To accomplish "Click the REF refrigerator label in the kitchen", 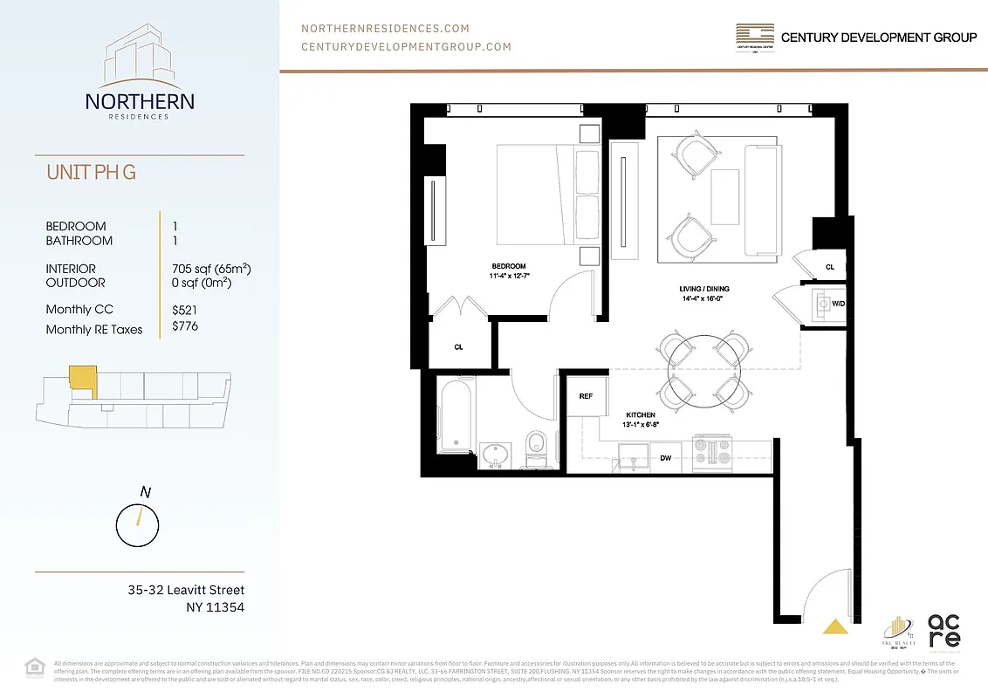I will pos(586,396).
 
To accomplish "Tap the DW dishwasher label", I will pos(665,457).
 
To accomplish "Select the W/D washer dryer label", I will pos(838,305).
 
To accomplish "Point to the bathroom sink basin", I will pos(494,455).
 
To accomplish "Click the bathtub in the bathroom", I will pos(456,414).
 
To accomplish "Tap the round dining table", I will pos(706,371).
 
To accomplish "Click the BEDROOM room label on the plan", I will pos(509,266).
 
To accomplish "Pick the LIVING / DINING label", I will pos(704,289).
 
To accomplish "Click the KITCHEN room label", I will pos(642,415).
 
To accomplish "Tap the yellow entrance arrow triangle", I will pos(836,625).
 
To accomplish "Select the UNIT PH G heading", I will pos(92,172).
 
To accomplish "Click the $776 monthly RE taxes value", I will pos(185,326).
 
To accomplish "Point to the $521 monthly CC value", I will pos(185,309).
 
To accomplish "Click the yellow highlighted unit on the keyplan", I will pos(82,381).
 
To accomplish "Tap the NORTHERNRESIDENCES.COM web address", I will pos(385,28).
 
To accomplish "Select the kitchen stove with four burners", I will pos(710,452).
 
